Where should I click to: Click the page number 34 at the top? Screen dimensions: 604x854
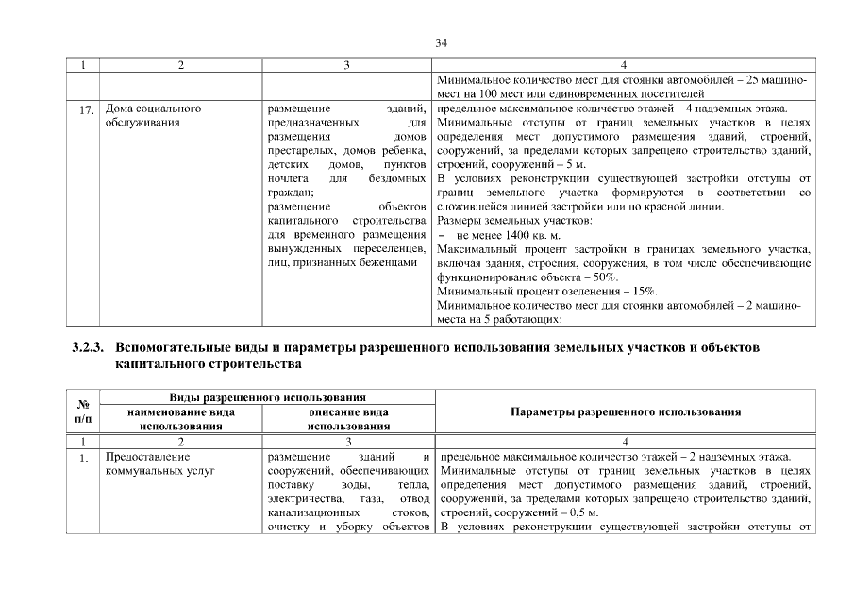tap(441, 42)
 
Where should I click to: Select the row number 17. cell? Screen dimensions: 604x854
tap(85, 110)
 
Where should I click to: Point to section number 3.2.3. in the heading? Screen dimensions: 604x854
tap(91, 347)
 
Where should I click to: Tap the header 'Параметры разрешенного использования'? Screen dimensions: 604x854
tap(625, 412)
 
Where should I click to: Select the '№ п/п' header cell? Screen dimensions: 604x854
tap(84, 412)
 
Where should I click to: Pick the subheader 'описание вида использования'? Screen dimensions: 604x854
tap(349, 419)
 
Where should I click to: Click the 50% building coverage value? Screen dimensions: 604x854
tap(605, 278)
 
